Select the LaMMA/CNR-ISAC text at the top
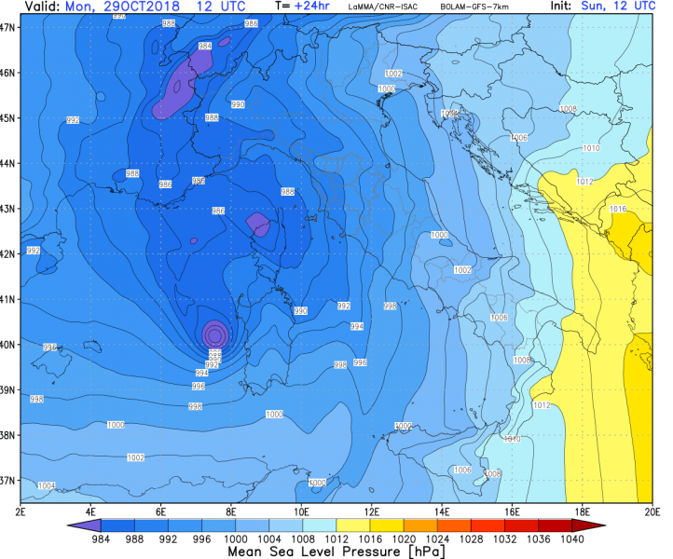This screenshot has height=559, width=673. click(x=382, y=7)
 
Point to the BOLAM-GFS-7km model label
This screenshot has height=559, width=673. click(x=468, y=7)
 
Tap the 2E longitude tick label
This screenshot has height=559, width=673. click(x=21, y=511)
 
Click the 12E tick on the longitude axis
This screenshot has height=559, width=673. click(x=371, y=511)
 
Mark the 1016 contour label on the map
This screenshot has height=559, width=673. click(x=617, y=210)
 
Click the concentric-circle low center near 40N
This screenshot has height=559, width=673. click(x=215, y=333)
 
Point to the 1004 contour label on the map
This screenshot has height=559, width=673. click(x=46, y=485)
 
